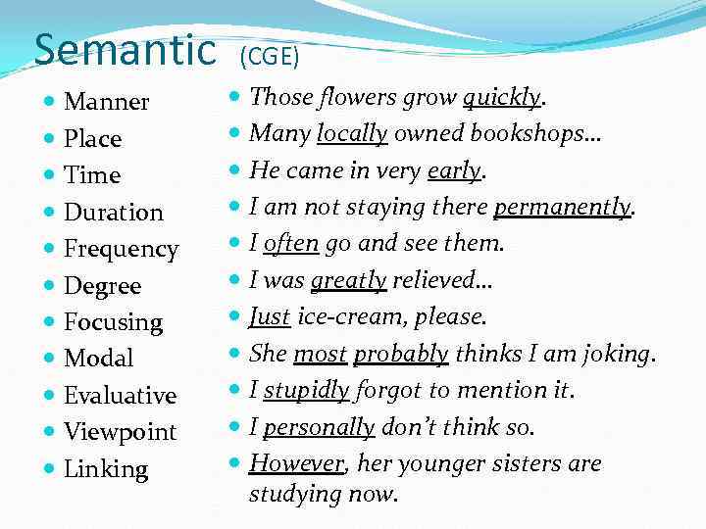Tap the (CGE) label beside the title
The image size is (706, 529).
pyautogui.click(x=267, y=56)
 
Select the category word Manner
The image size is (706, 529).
pyautogui.click(x=106, y=102)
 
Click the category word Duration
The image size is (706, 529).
pyautogui.click(x=113, y=212)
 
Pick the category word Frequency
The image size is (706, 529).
pyautogui.click(x=121, y=249)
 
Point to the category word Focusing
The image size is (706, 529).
pyautogui.click(x=113, y=322)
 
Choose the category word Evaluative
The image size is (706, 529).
pyautogui.click(x=120, y=396)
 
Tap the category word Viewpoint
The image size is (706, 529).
pyautogui.click(x=120, y=432)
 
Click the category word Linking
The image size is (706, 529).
pyautogui.click(x=106, y=469)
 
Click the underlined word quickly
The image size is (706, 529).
pyautogui.click(x=501, y=97)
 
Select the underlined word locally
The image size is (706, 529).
pyautogui.click(x=352, y=133)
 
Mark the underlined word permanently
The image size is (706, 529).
pyautogui.click(x=563, y=207)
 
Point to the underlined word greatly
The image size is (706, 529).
pyautogui.click(x=348, y=280)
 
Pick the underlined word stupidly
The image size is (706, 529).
pyautogui.click(x=306, y=390)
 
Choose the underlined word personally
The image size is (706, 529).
pyautogui.click(x=319, y=427)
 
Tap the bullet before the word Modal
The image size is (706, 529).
pyautogui.click(x=48, y=359)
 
